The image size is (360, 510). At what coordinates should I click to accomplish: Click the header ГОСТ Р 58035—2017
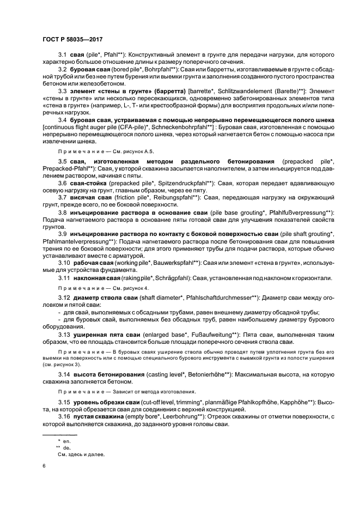(x=72, y=40)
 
